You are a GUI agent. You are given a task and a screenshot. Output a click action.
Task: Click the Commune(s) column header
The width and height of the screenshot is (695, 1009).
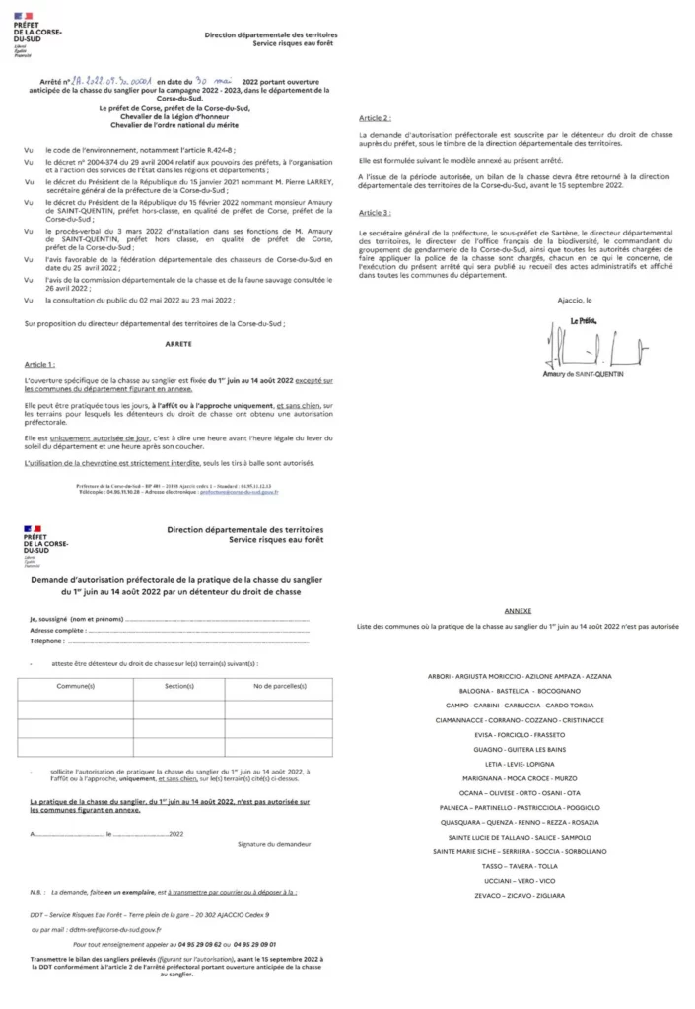tap(76, 684)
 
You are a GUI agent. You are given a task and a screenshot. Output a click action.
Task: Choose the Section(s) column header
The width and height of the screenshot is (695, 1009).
tap(178, 684)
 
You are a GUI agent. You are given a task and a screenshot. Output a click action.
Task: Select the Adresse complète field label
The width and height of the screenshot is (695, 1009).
tap(56, 629)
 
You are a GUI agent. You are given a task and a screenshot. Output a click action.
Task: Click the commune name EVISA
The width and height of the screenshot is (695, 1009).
tap(486, 734)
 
